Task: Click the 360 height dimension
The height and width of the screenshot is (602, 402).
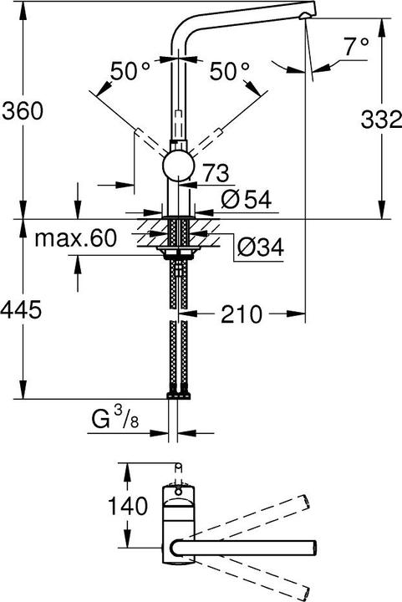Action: pos(23,110)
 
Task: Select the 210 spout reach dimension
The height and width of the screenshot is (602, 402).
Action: pos(243,314)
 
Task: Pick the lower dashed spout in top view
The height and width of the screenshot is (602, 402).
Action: pos(251,576)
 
